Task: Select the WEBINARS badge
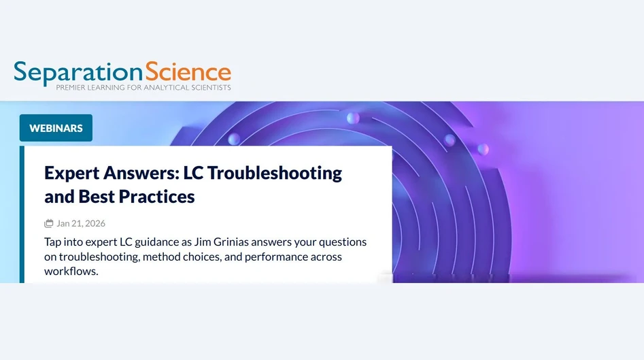[x=56, y=128]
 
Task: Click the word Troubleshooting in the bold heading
[x=275, y=173]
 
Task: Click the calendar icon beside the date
[x=49, y=223]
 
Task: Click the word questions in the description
[x=343, y=242]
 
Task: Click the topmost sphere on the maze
[x=353, y=118]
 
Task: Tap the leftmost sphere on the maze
[x=234, y=139]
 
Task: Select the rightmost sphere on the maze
[x=483, y=148]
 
